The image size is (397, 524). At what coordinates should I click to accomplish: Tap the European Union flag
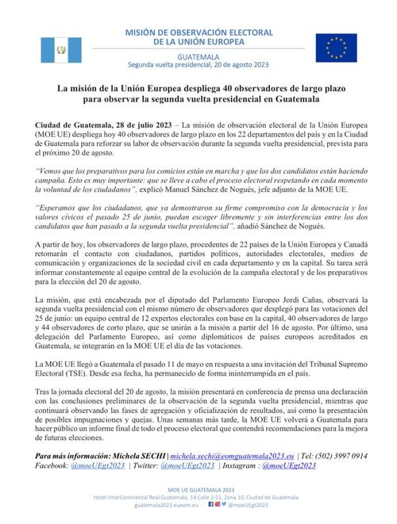335,47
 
